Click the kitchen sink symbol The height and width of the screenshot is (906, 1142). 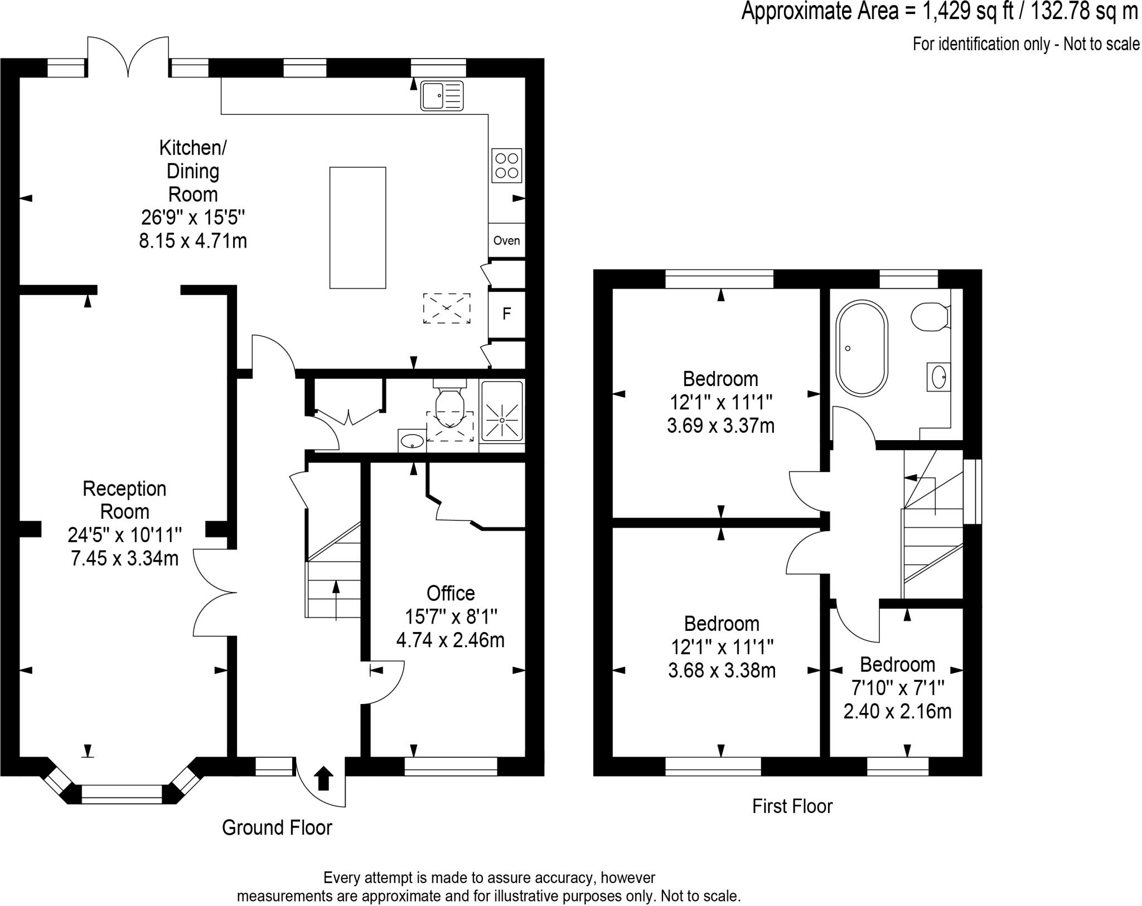pyautogui.click(x=442, y=96)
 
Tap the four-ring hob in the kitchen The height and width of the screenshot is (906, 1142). pyautogui.click(x=506, y=166)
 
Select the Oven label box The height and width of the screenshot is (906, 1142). pyautogui.click(x=506, y=240)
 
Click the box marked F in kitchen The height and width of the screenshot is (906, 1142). pyautogui.click(x=506, y=314)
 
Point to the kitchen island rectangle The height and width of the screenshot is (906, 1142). pyautogui.click(x=357, y=228)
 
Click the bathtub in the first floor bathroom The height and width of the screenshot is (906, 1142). pyautogui.click(x=862, y=348)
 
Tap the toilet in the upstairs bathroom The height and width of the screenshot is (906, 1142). pyautogui.click(x=928, y=317)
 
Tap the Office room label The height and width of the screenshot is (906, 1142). pyautogui.click(x=450, y=593)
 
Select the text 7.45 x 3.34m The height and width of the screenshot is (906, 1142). pyautogui.click(x=124, y=558)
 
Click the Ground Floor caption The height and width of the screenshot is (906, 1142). pyautogui.click(x=277, y=827)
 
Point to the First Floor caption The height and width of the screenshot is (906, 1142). pyautogui.click(x=792, y=806)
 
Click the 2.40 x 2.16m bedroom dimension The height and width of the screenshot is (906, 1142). pyautogui.click(x=897, y=712)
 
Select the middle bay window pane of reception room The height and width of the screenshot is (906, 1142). pyautogui.click(x=122, y=794)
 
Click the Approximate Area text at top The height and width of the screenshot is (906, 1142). pyautogui.click(x=939, y=12)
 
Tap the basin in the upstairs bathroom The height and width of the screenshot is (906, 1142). pyautogui.click(x=939, y=377)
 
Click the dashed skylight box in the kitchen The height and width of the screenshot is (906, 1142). pyautogui.click(x=446, y=308)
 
